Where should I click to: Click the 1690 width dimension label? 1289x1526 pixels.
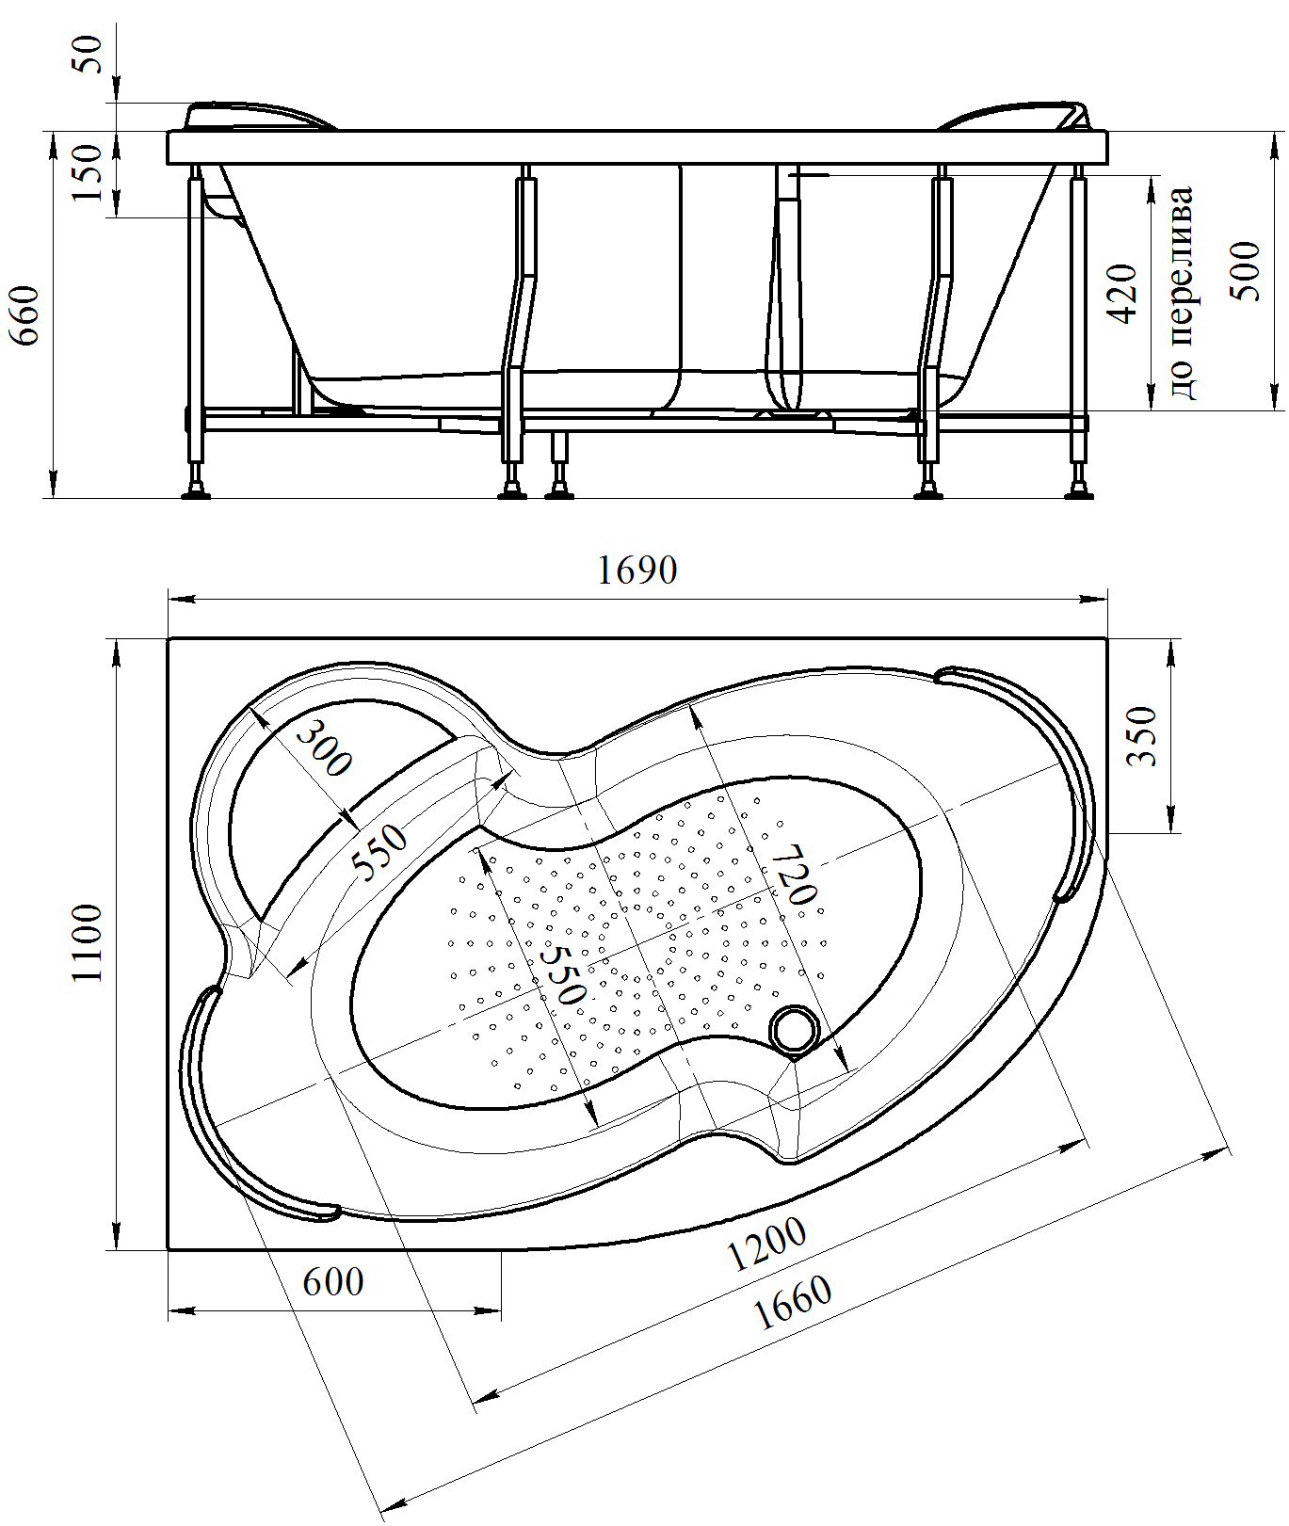(637, 570)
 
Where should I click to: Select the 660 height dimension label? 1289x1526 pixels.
(25, 314)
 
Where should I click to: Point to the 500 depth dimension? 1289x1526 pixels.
(1247, 271)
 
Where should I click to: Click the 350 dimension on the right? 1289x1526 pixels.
(1142, 735)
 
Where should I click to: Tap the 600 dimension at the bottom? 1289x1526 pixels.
(333, 1282)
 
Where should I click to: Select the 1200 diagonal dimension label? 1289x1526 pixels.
(767, 1244)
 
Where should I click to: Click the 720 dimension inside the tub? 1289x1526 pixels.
(791, 873)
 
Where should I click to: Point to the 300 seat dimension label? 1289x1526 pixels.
(323, 747)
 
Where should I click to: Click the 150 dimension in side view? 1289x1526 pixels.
(88, 173)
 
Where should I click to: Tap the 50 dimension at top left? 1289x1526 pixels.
(88, 54)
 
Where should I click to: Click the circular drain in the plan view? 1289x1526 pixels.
(795, 1029)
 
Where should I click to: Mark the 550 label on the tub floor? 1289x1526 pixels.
(563, 972)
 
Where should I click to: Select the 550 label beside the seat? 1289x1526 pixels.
(380, 851)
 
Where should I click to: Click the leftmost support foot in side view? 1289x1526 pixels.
(197, 490)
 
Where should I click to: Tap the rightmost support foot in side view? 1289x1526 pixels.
(1080, 490)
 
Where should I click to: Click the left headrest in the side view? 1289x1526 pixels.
(259, 115)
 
